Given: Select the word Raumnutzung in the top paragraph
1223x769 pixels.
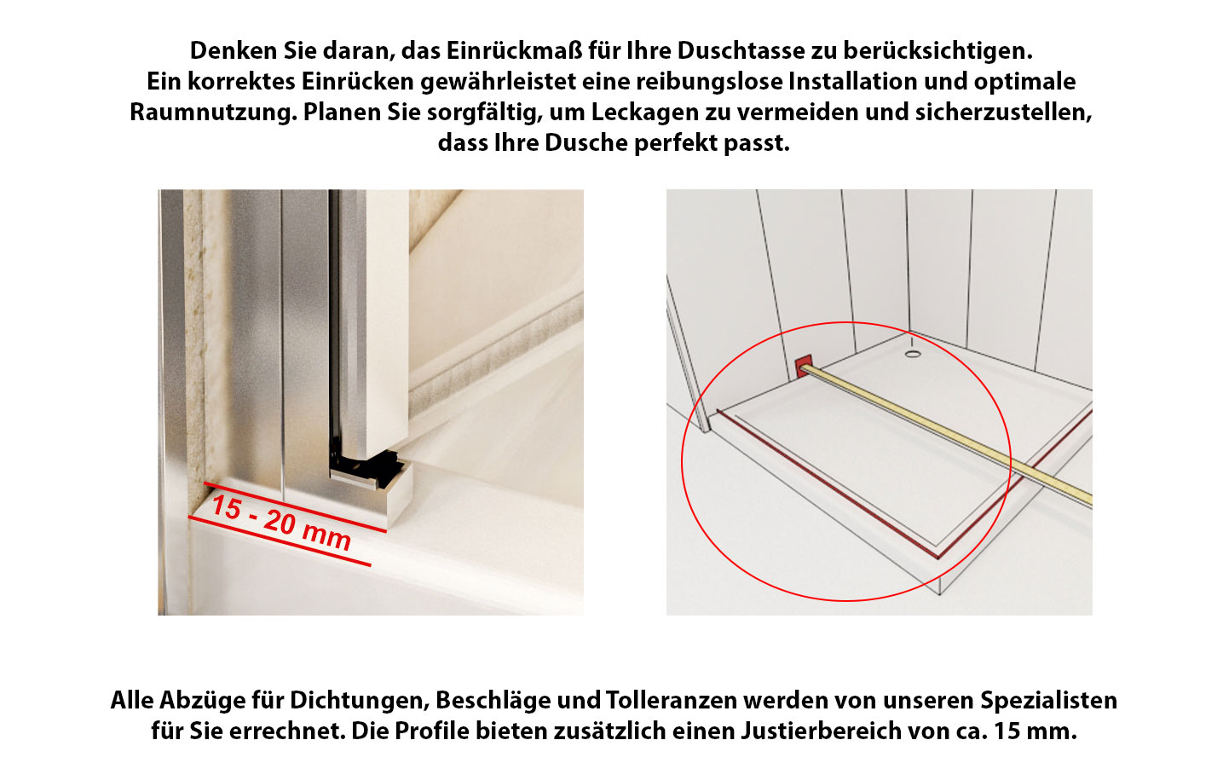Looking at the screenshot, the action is click(213, 113).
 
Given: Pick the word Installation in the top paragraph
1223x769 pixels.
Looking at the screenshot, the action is click(852, 82).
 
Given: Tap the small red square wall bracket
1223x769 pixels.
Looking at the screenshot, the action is click(803, 367).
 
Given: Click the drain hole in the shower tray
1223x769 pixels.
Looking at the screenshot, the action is click(913, 355).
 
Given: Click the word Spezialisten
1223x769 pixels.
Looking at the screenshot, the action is click(1048, 700).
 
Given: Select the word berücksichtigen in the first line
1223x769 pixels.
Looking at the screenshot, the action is click(938, 51).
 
